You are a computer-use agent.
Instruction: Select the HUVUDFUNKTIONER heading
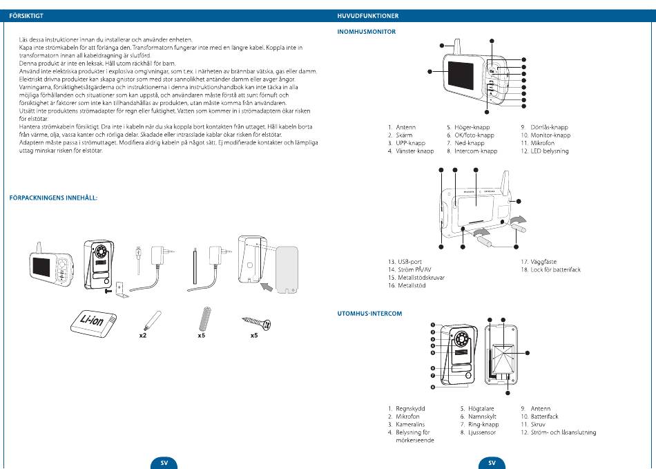(x=368, y=15)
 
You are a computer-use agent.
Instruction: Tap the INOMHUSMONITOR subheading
(x=366, y=32)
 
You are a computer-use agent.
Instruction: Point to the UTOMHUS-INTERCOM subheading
(x=369, y=314)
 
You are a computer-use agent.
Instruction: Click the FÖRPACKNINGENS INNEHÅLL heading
(x=53, y=198)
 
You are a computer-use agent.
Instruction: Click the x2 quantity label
(x=142, y=336)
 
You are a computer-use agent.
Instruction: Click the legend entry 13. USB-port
(x=406, y=262)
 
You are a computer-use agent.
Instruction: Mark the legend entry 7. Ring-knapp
(x=479, y=425)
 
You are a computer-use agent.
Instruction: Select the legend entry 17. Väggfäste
(x=538, y=262)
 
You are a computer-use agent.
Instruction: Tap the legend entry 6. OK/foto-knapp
(x=470, y=135)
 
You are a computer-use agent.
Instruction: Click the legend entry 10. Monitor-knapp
(x=546, y=135)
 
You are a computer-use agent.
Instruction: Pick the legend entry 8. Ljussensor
(x=478, y=432)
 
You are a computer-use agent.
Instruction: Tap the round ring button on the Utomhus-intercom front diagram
(x=470, y=376)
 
